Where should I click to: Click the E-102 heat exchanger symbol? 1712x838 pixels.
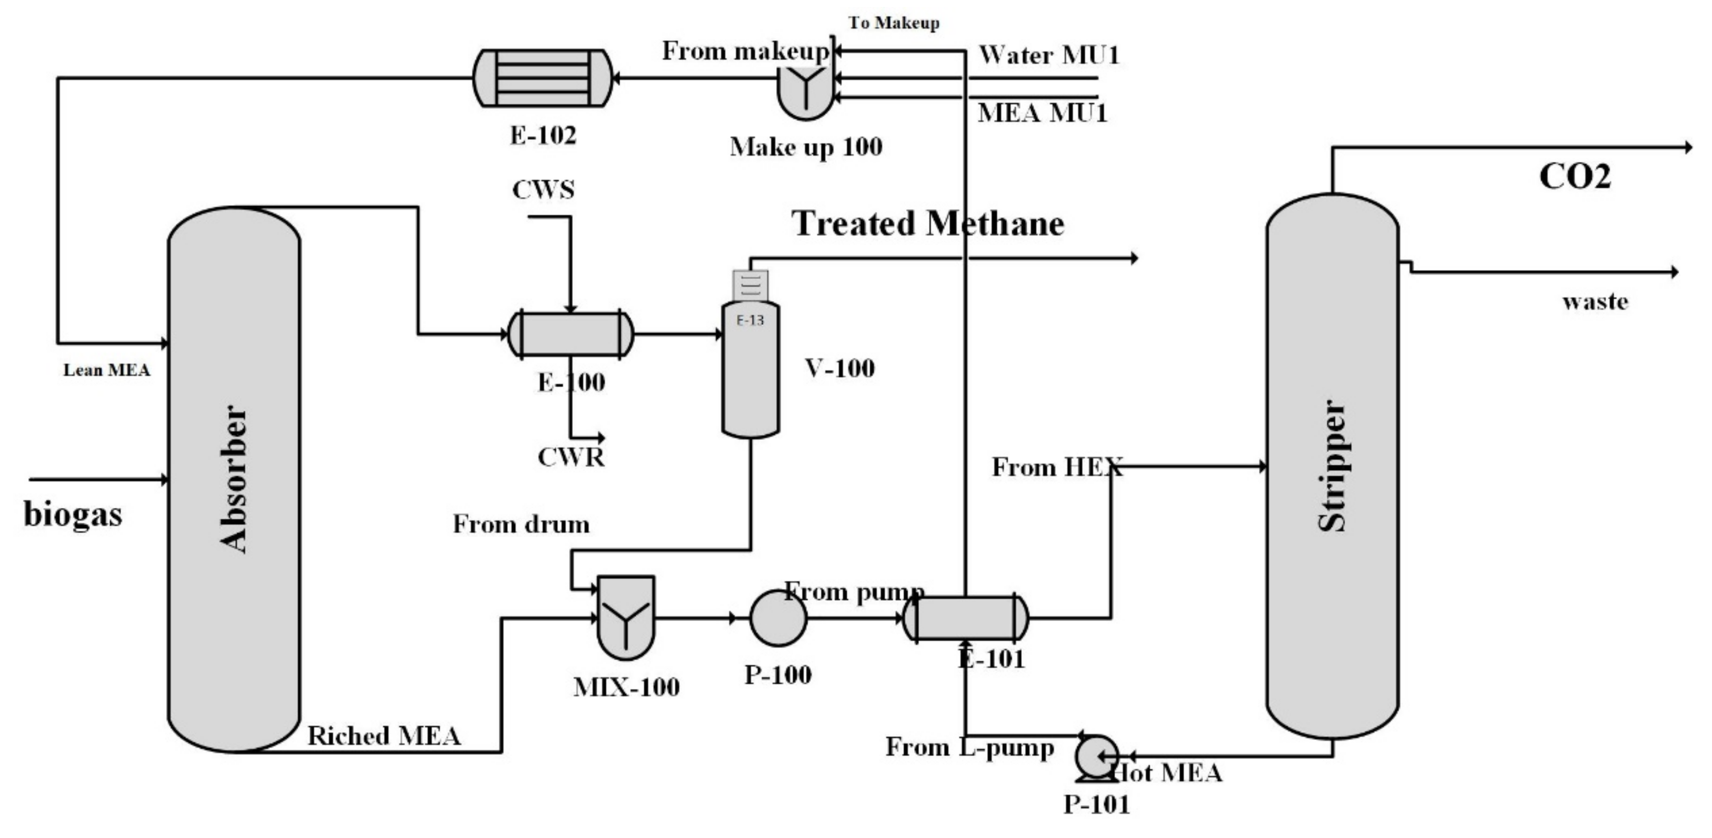tap(542, 78)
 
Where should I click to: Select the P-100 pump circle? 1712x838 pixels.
tap(778, 618)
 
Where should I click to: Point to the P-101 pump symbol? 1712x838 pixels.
tap(1097, 756)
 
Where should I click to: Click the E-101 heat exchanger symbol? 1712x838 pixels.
tap(966, 618)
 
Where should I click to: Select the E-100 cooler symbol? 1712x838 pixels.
tap(570, 334)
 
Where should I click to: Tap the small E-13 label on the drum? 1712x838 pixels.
tap(750, 320)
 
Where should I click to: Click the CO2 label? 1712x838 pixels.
tap(1574, 177)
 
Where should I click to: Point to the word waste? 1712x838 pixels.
tap(1595, 302)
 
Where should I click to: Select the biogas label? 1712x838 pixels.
tap(73, 514)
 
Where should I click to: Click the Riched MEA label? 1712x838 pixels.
tap(384, 736)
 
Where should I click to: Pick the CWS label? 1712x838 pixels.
tap(543, 190)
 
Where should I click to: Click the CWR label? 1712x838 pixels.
tap(571, 457)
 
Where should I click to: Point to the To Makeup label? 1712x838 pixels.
tap(894, 23)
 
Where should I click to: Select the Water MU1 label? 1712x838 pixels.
tap(1049, 55)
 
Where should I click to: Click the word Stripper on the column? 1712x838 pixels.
tap(1331, 465)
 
